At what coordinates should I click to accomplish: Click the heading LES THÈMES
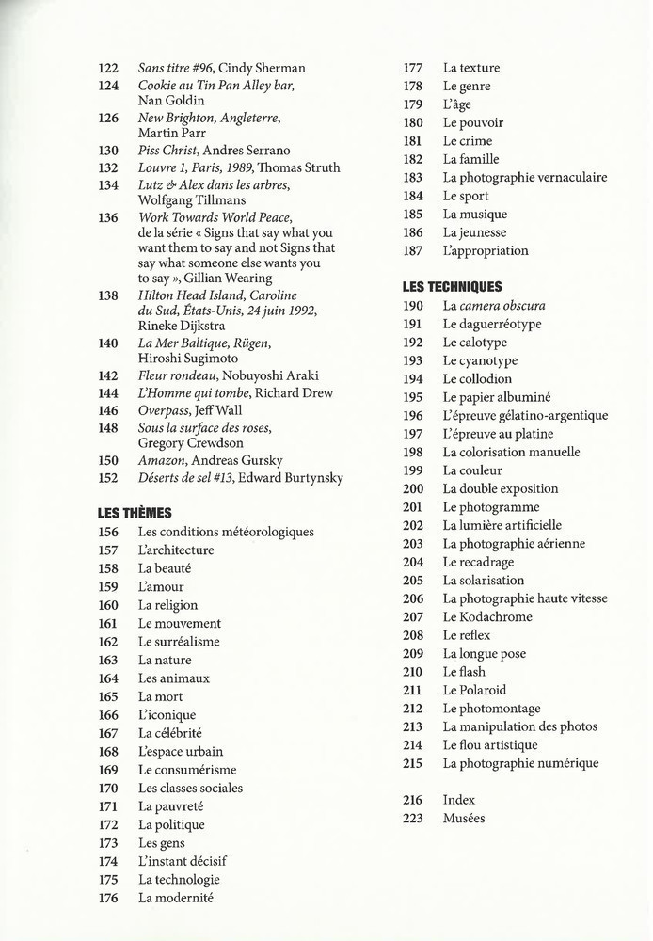135,513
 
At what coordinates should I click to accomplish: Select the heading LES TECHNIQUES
452,287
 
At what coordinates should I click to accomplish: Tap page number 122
108,68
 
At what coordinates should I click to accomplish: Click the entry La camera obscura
494,306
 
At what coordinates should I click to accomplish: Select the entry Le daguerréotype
492,324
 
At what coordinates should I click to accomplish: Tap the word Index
459,800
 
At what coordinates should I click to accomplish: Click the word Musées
464,819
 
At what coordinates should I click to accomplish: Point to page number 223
413,819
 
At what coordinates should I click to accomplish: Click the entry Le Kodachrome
487,616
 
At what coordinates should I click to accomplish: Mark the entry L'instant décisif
182,861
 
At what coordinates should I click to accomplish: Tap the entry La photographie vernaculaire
524,177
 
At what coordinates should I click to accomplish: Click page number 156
108,532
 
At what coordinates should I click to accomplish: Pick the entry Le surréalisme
179,642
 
